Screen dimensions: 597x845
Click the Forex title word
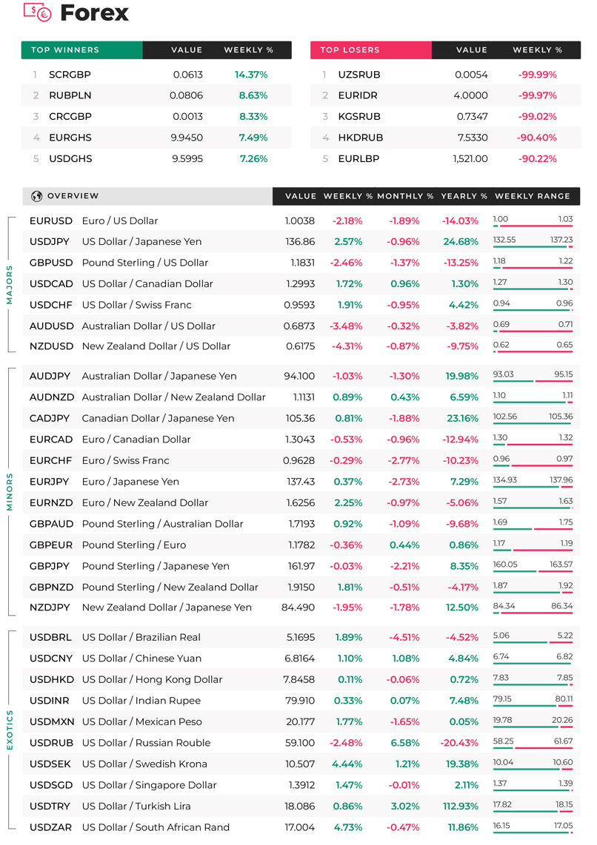tap(94, 13)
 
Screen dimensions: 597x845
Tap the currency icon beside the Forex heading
tap(37, 12)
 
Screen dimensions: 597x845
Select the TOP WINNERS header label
tap(65, 50)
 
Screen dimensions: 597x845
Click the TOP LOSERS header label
tap(350, 50)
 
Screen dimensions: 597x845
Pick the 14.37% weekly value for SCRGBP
tap(251, 75)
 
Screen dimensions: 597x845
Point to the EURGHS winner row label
tap(70, 138)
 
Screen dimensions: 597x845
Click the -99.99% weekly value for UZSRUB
tap(538, 75)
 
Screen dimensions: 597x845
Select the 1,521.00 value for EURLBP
tap(470, 158)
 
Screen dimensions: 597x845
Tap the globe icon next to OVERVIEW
tap(37, 196)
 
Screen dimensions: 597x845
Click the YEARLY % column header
tap(464, 196)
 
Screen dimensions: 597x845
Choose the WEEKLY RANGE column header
tap(533, 196)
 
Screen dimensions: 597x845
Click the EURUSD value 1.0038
tap(300, 221)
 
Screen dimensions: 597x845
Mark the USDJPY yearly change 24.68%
tap(461, 241)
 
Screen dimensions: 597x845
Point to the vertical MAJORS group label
tap(9, 285)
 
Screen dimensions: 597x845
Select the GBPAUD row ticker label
tap(51, 524)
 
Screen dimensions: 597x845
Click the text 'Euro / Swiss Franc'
tap(126, 461)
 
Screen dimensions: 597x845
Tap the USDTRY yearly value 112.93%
tap(461, 807)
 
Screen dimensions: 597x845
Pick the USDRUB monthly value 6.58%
tap(405, 743)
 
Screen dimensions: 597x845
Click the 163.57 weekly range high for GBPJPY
tap(561, 565)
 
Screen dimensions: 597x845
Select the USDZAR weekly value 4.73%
tap(348, 827)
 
